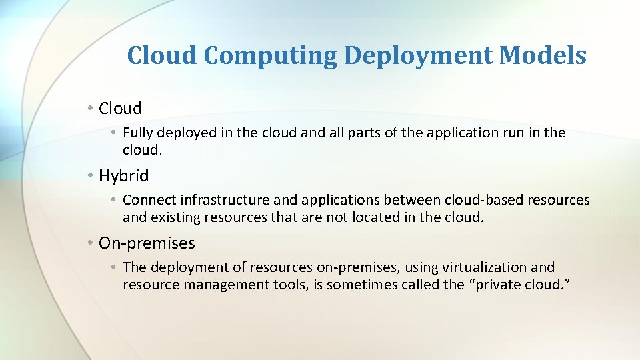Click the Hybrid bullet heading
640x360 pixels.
(123, 176)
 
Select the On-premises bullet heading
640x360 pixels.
(147, 243)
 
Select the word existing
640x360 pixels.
(175, 217)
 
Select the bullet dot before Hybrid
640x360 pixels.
(90, 176)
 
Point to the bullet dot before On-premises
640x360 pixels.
(90, 243)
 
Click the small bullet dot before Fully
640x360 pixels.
(115, 133)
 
